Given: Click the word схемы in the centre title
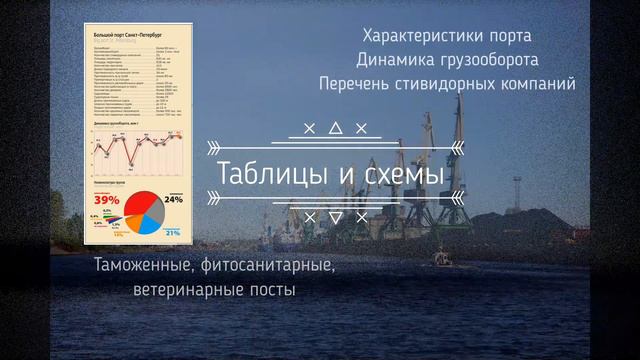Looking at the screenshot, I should [398, 172].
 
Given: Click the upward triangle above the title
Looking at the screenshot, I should [335, 128].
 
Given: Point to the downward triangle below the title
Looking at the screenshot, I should [335, 216].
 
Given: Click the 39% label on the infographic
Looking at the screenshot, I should [107, 201].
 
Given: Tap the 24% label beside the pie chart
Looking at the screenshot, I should [173, 199].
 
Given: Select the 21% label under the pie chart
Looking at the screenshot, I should [172, 233].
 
